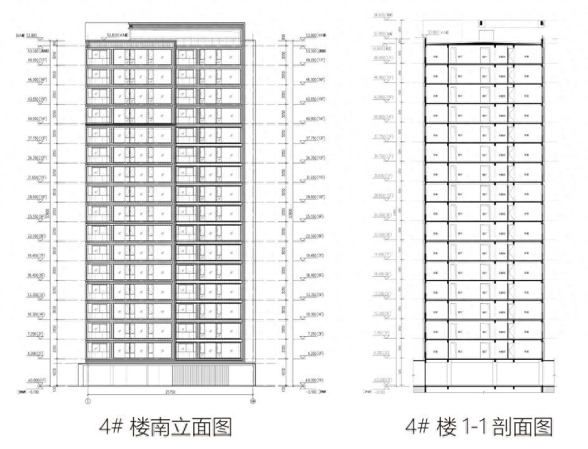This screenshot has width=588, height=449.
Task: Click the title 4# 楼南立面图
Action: [168, 427]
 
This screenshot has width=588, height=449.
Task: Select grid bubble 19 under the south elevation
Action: [253, 401]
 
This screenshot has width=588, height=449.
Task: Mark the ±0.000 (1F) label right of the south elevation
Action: [319, 379]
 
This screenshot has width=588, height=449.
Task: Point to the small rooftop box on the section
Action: [486, 35]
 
